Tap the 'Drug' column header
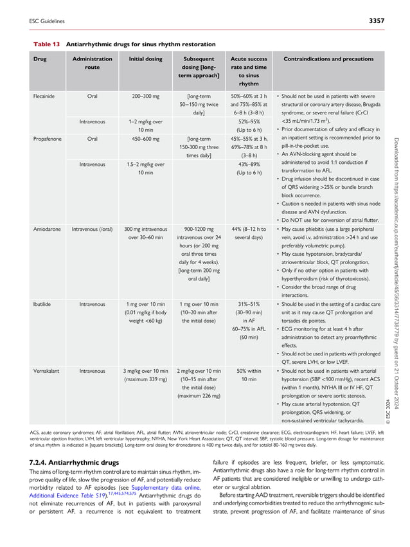(40, 59)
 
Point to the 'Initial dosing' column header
(145, 59)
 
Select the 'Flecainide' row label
(45, 96)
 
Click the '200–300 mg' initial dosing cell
(145, 96)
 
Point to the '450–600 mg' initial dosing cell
(145, 138)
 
